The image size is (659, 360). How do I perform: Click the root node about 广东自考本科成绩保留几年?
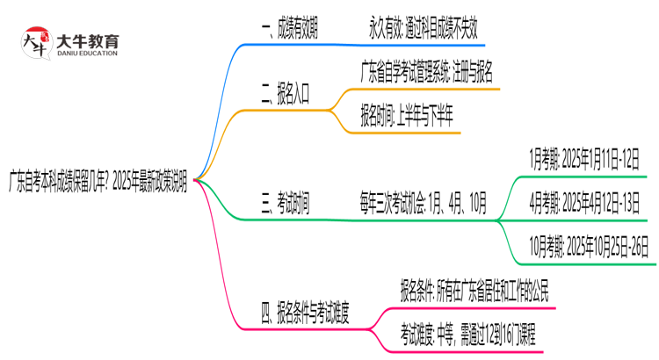click(98, 179)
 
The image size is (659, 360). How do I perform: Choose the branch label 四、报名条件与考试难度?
click(304, 312)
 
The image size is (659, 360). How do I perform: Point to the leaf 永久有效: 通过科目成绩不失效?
click(423, 29)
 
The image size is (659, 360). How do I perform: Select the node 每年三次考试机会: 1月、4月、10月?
click(421, 204)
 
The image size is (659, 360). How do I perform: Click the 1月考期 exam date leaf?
click(583, 157)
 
